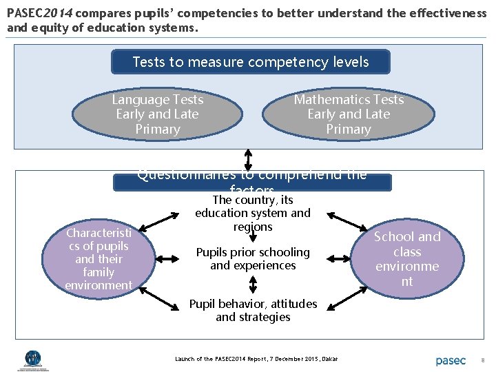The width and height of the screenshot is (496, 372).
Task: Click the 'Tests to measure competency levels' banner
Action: tap(251, 62)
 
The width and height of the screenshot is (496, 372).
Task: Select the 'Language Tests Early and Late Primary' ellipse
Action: tap(158, 114)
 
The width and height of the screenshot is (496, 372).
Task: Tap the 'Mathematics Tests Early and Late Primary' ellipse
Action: tap(348, 114)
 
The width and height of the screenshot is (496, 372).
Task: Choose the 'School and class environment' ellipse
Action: tap(406, 258)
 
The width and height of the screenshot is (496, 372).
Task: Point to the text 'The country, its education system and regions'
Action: tap(253, 214)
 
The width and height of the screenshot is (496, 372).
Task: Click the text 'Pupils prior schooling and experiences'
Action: tap(253, 258)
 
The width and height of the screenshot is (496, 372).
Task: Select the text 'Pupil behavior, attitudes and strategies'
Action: tap(253, 310)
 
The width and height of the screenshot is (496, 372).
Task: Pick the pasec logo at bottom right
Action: tap(451, 360)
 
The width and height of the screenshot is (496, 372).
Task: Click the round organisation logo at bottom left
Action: tap(32, 359)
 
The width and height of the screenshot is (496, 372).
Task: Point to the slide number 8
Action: tap(483, 360)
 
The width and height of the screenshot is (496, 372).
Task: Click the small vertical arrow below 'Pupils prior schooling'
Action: tap(253, 284)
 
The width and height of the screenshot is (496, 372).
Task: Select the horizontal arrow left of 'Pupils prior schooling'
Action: tap(169, 258)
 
